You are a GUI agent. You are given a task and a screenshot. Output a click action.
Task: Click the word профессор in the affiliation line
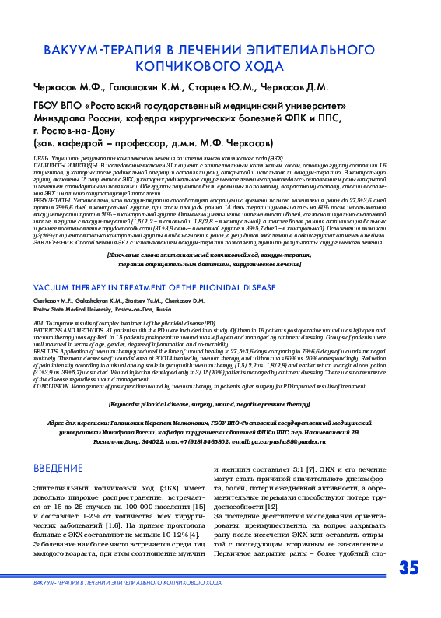pos(146,143)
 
